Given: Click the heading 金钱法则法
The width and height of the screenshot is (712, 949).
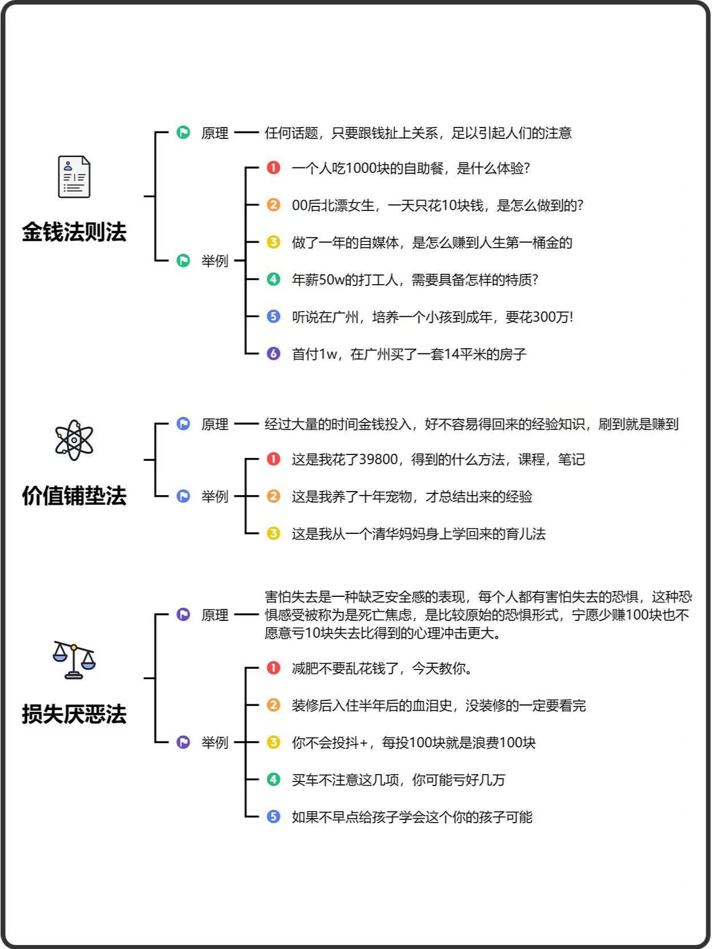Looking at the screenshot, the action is click(x=74, y=232).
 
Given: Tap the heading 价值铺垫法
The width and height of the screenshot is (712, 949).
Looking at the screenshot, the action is click(x=74, y=496).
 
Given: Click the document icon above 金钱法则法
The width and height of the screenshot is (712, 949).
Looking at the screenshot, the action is click(x=74, y=177).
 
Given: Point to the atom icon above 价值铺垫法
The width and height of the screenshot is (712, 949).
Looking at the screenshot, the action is click(x=74, y=440).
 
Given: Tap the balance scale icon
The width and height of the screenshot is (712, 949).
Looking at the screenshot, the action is click(x=74, y=660).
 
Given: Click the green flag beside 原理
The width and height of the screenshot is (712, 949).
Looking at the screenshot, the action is click(x=184, y=132).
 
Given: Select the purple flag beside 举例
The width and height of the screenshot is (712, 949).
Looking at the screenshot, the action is click(x=184, y=743).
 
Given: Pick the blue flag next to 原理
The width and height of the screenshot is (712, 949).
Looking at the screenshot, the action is click(x=184, y=424).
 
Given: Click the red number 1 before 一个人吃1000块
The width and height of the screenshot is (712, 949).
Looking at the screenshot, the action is click(x=273, y=168).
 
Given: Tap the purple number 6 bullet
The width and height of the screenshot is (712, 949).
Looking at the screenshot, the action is click(x=273, y=354).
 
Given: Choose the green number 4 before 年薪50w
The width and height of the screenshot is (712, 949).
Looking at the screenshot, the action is click(x=273, y=280).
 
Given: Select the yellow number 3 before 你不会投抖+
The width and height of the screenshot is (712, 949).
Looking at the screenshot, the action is click(x=273, y=743).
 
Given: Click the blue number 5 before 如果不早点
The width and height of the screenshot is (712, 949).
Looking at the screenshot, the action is click(x=273, y=817).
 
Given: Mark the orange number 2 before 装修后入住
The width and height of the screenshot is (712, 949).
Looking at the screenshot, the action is click(x=273, y=705).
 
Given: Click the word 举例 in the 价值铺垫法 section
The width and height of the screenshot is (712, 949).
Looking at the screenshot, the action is click(x=214, y=496).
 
